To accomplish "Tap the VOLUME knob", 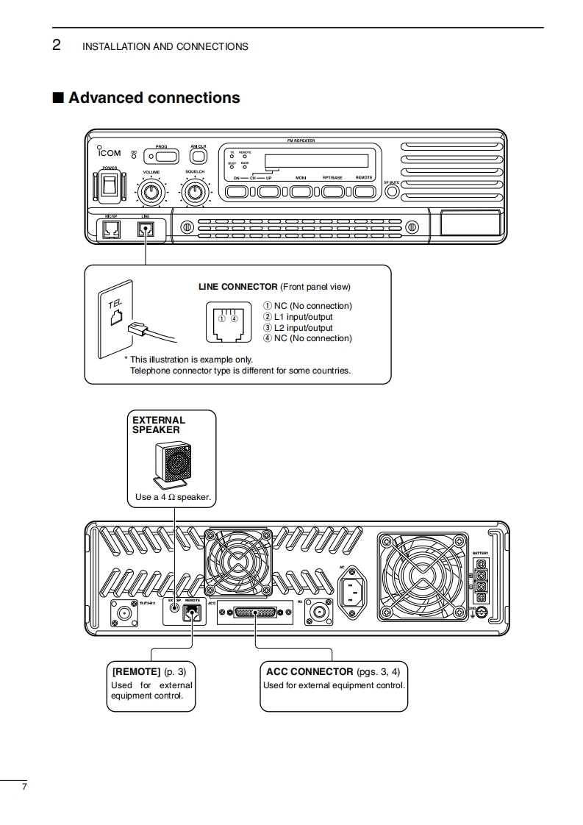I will click(151, 193).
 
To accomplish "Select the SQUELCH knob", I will click(195, 193).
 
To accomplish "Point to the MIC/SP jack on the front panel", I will click(111, 229).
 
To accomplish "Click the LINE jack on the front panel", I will click(146, 229).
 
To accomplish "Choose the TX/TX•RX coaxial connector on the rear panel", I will click(121, 612).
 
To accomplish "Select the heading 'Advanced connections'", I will click(154, 98).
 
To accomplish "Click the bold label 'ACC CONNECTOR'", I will click(310, 671).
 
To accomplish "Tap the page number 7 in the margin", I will click(24, 787).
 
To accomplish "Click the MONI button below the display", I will click(301, 192).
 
